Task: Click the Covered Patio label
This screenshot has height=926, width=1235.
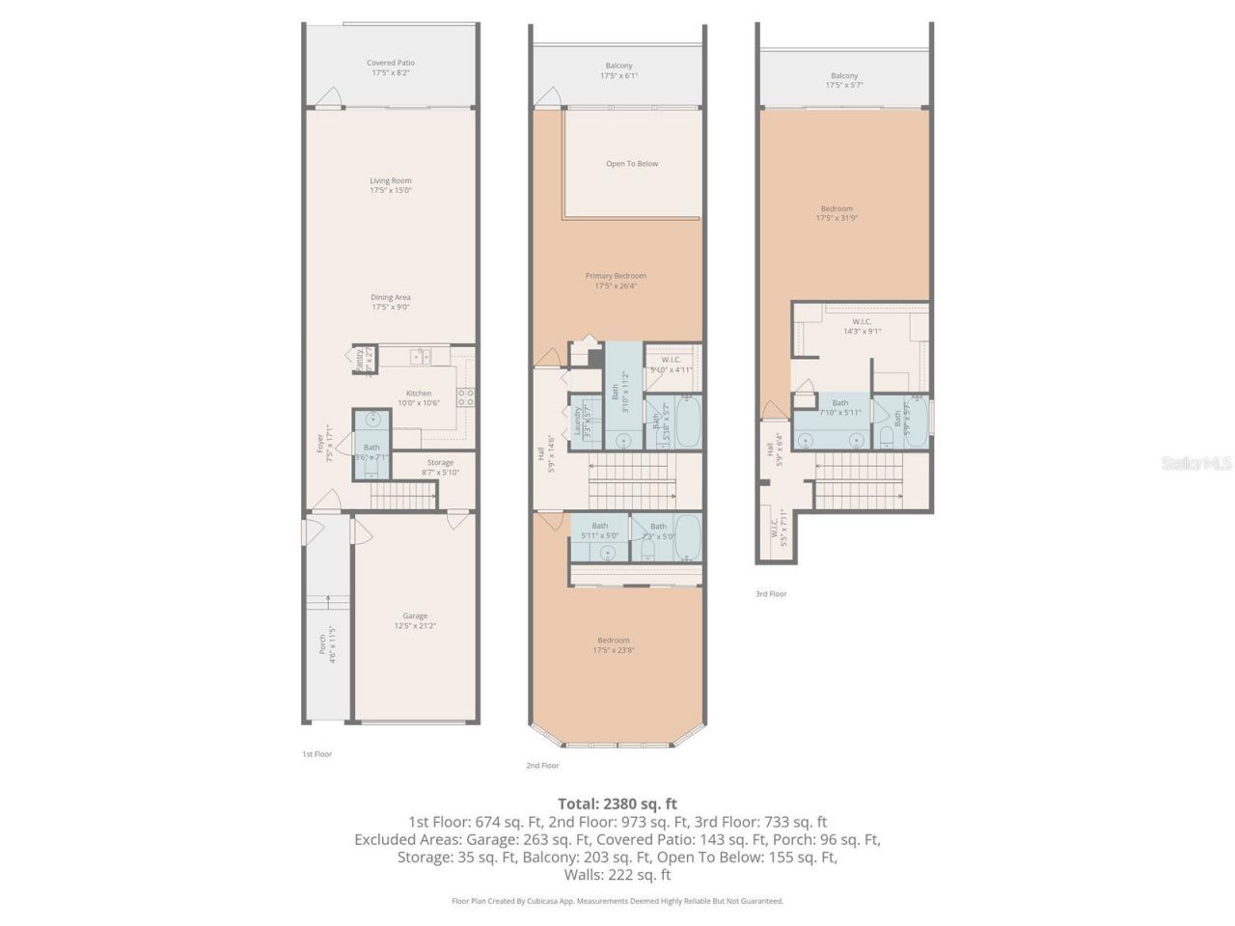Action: (390, 68)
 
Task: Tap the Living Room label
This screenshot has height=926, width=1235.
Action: (390, 185)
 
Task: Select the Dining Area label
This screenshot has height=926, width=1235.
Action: (390, 302)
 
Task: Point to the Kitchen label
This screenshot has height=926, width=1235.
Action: (419, 397)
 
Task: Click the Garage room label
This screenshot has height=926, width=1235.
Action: (415, 620)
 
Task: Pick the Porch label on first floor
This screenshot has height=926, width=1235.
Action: (327, 644)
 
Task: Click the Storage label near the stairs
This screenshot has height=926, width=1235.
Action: (440, 467)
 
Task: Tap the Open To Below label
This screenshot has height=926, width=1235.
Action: (632, 164)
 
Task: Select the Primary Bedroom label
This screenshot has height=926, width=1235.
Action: (616, 281)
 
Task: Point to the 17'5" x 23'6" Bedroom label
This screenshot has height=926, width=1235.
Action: (614, 644)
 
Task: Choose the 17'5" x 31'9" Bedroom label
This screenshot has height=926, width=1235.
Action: (837, 213)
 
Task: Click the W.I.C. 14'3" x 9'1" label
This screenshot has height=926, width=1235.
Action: (862, 326)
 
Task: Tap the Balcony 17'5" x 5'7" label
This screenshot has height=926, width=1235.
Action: (844, 80)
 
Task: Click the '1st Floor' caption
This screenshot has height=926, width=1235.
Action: (316, 753)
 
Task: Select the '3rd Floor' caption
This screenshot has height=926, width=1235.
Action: (771, 594)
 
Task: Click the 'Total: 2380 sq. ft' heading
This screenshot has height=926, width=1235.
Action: (617, 803)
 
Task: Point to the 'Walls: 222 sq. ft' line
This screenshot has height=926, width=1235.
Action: (617, 875)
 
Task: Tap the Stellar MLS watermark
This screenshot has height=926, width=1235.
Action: (1195, 464)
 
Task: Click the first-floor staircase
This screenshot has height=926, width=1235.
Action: (402, 497)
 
